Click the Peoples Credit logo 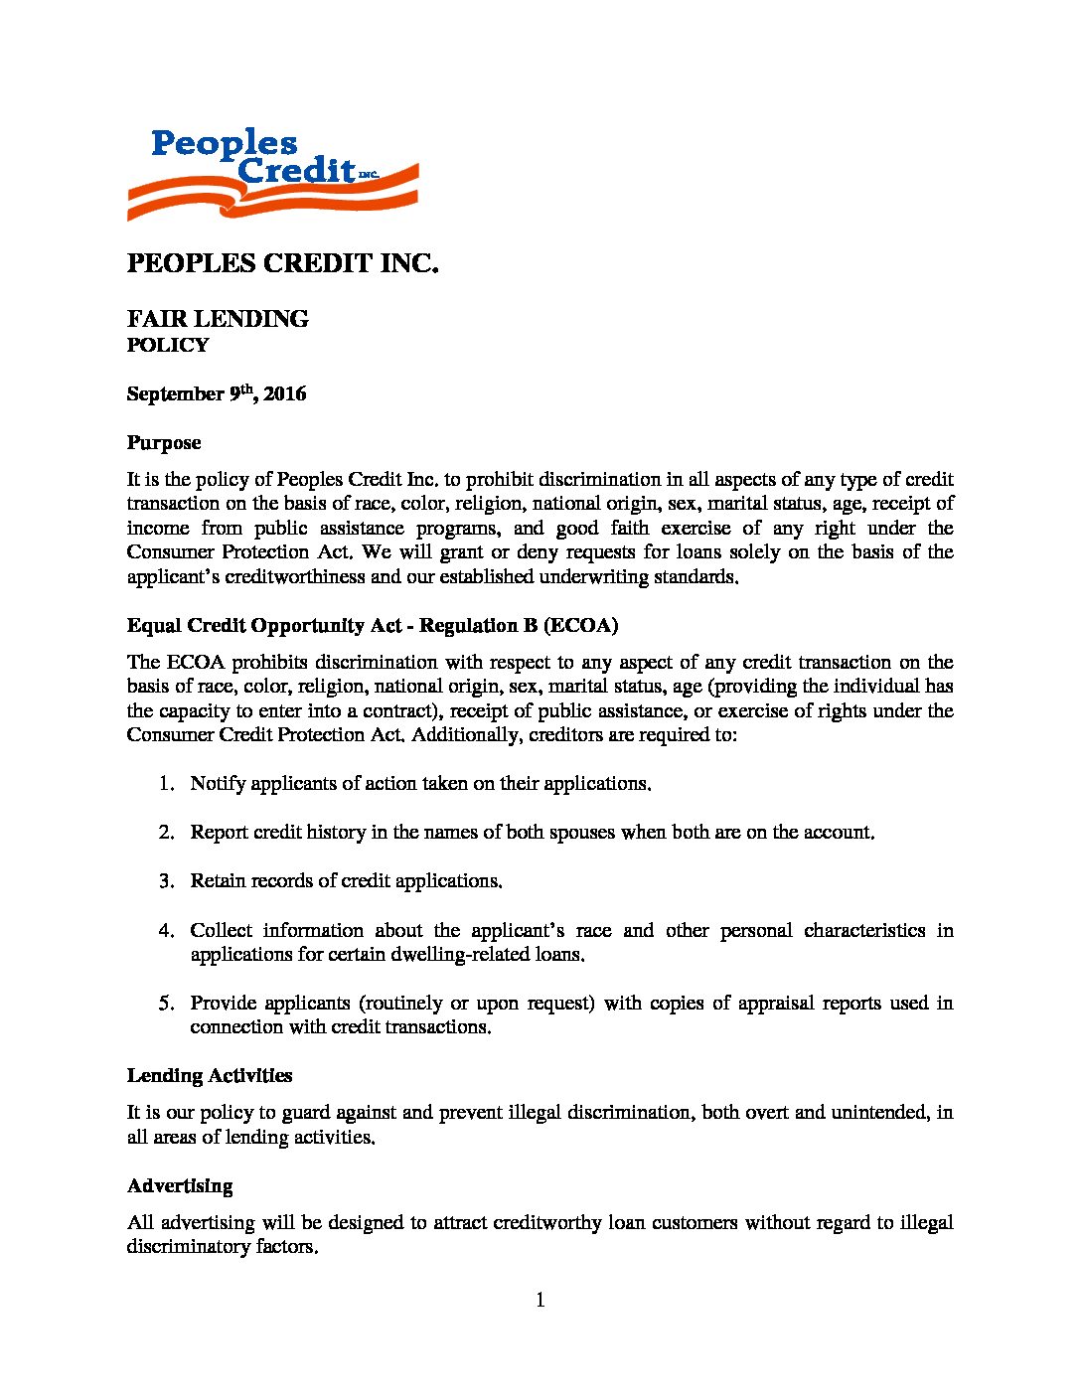(x=272, y=175)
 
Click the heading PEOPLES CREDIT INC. (x=282, y=264)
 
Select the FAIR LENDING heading (x=218, y=319)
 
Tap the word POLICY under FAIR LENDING (x=168, y=346)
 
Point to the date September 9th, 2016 (x=217, y=394)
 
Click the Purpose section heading (x=164, y=443)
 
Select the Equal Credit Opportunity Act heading (x=373, y=626)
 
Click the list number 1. (x=166, y=784)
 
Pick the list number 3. (x=166, y=881)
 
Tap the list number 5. (x=166, y=1004)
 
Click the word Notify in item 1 (x=218, y=784)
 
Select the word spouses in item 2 (x=581, y=833)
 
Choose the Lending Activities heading (x=210, y=1076)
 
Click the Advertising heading (x=180, y=1186)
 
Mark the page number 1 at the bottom (x=540, y=1301)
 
